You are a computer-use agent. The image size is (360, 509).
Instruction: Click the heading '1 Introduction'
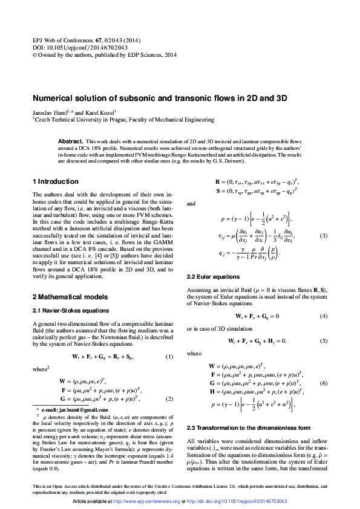tap(55, 181)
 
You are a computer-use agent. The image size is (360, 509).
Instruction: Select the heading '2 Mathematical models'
tap(70, 297)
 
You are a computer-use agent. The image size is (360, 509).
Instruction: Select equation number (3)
tap(324, 235)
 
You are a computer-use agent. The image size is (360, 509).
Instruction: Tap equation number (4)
tap(324, 316)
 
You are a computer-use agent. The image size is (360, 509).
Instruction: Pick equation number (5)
tap(324, 341)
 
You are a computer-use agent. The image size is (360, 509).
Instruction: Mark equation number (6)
tap(324, 383)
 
